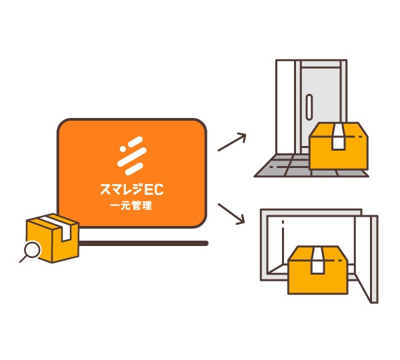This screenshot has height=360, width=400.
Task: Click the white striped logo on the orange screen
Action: click(132, 155)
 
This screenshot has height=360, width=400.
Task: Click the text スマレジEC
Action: click(131, 189)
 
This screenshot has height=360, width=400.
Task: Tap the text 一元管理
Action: click(131, 205)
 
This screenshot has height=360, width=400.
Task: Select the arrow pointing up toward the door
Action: click(232, 142)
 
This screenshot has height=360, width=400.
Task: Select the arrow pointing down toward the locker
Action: click(231, 214)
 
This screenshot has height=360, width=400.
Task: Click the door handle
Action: click(309, 107)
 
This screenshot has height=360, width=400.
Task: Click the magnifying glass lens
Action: click(32, 249)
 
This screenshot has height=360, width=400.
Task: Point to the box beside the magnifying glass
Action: click(53, 238)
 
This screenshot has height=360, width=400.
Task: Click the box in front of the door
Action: click(339, 146)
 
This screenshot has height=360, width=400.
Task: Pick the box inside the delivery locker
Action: click(318, 270)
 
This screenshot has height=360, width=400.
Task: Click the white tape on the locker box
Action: click(318, 260)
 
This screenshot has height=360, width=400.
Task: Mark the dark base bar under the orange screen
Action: click(143, 243)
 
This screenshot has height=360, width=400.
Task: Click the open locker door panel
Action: click(366, 259)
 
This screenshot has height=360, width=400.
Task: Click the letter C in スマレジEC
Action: click(159, 189)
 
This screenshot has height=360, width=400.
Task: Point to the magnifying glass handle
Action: click(23, 259)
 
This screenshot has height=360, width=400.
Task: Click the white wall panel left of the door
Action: click(285, 107)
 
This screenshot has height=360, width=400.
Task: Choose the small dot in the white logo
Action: click(123, 149)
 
